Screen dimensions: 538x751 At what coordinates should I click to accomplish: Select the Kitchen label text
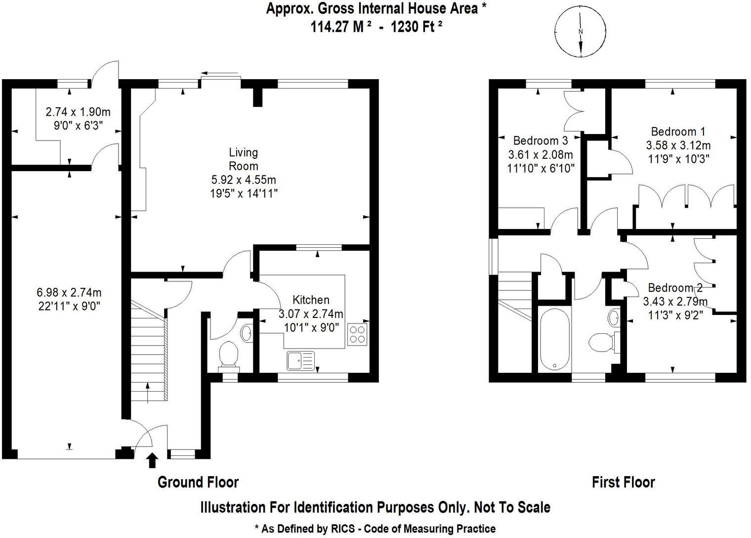(311, 300)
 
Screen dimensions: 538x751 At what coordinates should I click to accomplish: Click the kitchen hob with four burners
(358, 334)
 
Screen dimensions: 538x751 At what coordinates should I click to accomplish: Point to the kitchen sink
(300, 360)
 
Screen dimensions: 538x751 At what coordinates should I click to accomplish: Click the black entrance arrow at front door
(152, 460)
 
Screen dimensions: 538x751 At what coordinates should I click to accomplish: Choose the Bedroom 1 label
(678, 132)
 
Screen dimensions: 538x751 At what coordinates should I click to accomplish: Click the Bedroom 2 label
(675, 288)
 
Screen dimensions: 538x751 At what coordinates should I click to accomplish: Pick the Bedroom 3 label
(540, 140)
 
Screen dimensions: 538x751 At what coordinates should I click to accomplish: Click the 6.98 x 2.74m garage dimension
(70, 293)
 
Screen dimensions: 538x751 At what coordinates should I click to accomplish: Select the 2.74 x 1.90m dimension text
(78, 112)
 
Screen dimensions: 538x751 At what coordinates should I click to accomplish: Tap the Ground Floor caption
(198, 482)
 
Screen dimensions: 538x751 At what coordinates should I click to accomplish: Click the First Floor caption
(623, 482)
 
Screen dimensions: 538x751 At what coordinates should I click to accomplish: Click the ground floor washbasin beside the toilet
(246, 333)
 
